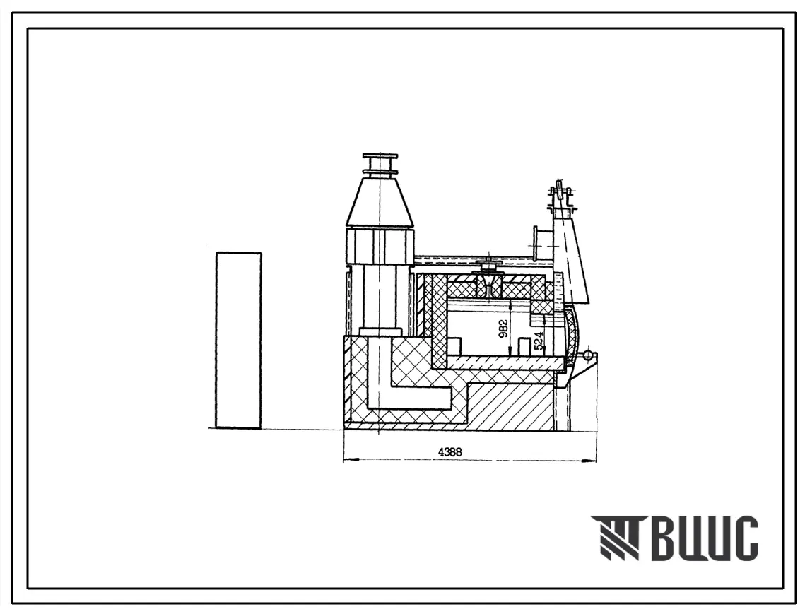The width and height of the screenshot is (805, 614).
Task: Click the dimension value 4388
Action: [449, 452]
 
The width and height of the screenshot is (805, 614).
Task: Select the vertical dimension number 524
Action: [539, 340]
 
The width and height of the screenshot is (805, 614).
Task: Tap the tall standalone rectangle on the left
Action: [239, 340]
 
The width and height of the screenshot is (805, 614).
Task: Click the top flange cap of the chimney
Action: [380, 155]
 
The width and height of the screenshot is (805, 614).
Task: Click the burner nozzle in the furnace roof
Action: [489, 280]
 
